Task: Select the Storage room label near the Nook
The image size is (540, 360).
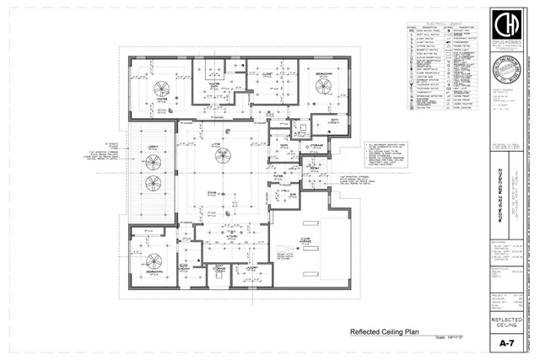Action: click(316, 146)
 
